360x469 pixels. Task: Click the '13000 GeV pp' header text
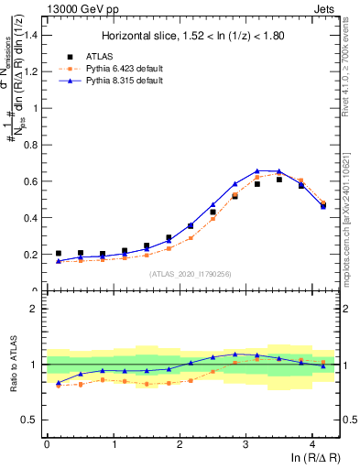pos(78,8)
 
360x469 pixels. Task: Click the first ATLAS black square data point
pos(59,254)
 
